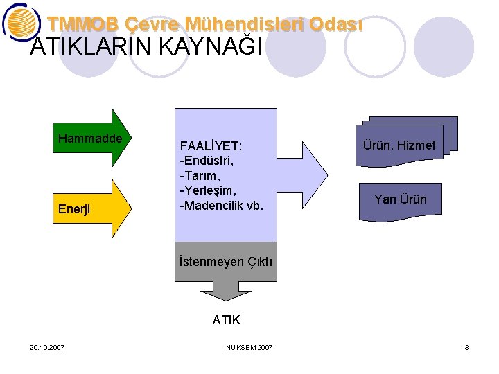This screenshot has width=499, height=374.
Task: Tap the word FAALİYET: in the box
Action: point(210,147)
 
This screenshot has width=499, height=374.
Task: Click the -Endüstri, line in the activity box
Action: point(207,161)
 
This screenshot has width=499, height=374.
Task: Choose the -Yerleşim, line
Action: point(208,190)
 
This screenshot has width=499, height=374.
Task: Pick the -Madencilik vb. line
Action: point(221,206)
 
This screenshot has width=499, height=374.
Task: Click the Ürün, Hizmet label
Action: point(399,145)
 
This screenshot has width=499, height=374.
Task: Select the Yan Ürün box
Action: point(400,199)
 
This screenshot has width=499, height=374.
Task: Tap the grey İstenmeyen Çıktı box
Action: point(226,262)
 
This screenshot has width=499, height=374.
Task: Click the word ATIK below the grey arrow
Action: point(226,319)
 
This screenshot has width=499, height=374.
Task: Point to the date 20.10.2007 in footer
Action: point(48,347)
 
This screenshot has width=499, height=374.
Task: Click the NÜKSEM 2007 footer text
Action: point(249,347)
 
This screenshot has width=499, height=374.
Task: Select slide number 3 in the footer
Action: point(466,347)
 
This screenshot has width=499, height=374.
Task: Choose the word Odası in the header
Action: point(335,24)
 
